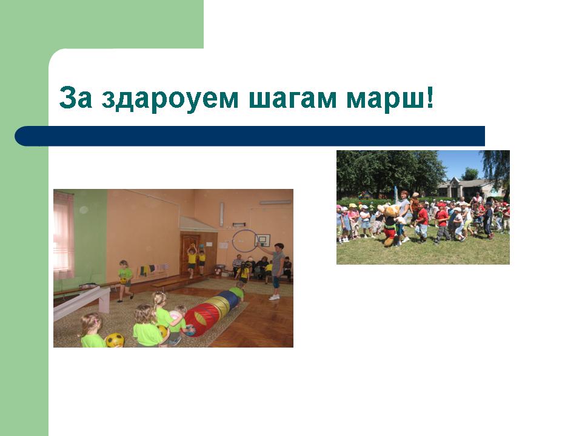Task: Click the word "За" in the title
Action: [x=75, y=97]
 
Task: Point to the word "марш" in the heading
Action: [x=385, y=100]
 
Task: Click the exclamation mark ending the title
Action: [x=430, y=97]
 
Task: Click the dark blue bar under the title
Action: [x=250, y=136]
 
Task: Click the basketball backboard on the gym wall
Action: [x=263, y=240]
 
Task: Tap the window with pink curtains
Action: [x=64, y=236]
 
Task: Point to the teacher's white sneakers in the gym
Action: [x=274, y=297]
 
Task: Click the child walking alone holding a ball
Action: [x=125, y=280]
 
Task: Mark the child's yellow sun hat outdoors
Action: [x=352, y=205]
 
